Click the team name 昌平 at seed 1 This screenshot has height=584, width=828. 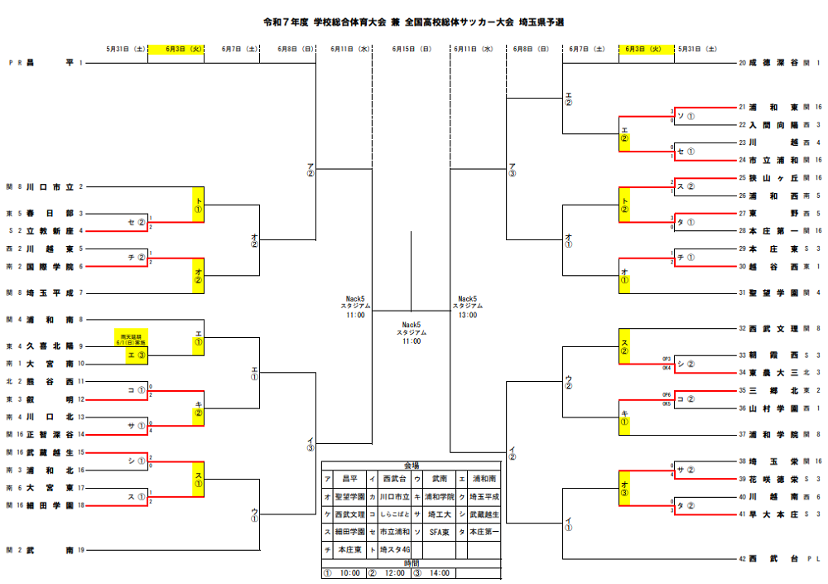50,62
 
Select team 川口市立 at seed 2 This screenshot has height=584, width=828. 50,187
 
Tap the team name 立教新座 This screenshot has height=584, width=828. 50,230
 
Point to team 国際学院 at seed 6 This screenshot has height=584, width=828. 50,266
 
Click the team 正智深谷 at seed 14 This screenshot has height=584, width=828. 50,434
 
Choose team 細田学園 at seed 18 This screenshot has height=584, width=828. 50,504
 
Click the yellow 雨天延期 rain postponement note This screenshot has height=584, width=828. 131,337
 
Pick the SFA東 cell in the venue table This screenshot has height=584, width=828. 438,531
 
